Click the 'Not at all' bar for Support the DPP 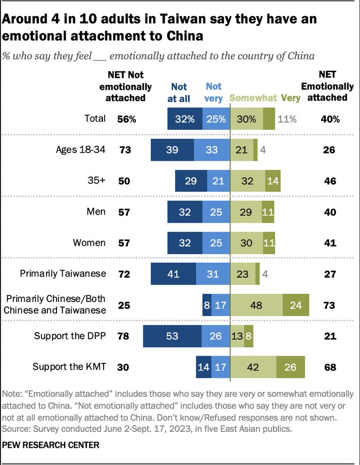[172, 336]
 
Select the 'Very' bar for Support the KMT [290, 367]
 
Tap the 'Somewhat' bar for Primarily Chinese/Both [256, 305]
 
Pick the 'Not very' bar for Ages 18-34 [212, 150]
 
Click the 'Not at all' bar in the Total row [185, 119]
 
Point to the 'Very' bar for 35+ [273, 181]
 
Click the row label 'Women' [89, 243]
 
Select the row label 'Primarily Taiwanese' [63, 274]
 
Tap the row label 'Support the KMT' [69, 367]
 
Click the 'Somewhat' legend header [253, 98]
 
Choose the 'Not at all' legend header [179, 93]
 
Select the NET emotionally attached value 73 [329, 305]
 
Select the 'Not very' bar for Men [216, 212]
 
